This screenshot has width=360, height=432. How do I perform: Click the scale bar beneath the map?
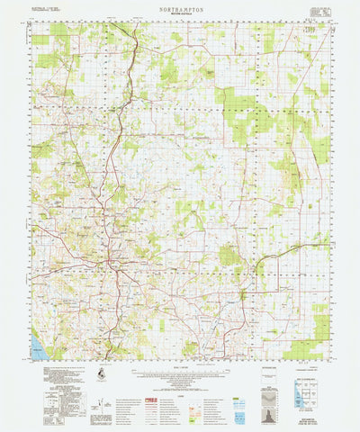point(180,373)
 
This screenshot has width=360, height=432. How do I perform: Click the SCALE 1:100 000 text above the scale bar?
point(180,365)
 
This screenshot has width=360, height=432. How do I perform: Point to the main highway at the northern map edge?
point(135,27)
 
